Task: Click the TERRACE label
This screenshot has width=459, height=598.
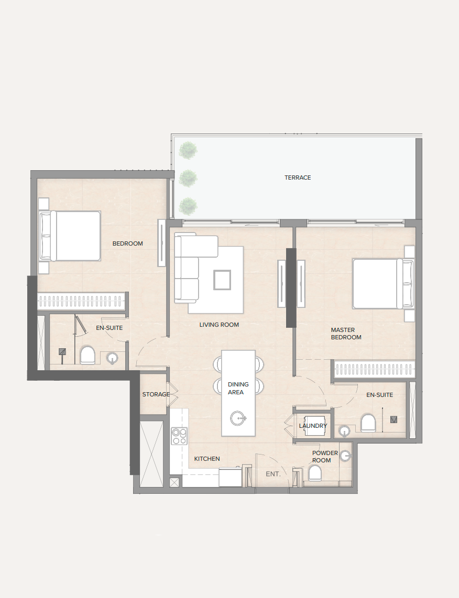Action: click(298, 178)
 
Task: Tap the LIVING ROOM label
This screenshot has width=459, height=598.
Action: click(219, 325)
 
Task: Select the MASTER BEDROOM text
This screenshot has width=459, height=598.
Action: click(346, 334)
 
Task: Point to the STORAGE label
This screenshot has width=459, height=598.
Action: click(156, 394)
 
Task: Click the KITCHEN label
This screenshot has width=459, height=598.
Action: click(207, 459)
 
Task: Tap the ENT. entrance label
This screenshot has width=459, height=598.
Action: click(273, 474)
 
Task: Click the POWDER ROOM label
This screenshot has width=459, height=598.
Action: click(325, 457)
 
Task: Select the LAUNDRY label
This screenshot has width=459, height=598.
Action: click(313, 426)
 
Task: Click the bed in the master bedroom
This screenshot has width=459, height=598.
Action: click(383, 284)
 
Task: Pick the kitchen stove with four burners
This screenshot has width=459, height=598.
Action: click(179, 436)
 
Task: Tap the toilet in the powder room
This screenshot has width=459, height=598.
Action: click(315, 473)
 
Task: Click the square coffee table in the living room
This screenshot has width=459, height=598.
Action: click(222, 280)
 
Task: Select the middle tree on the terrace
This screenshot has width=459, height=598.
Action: click(188, 178)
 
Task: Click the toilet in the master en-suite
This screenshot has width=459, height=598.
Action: click(368, 423)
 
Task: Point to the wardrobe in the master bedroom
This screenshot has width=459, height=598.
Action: click(374, 369)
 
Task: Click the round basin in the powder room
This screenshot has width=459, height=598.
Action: click(345, 456)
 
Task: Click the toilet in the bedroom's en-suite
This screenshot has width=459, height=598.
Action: click(88, 355)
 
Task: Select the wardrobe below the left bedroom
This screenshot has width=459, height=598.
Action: click(81, 301)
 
